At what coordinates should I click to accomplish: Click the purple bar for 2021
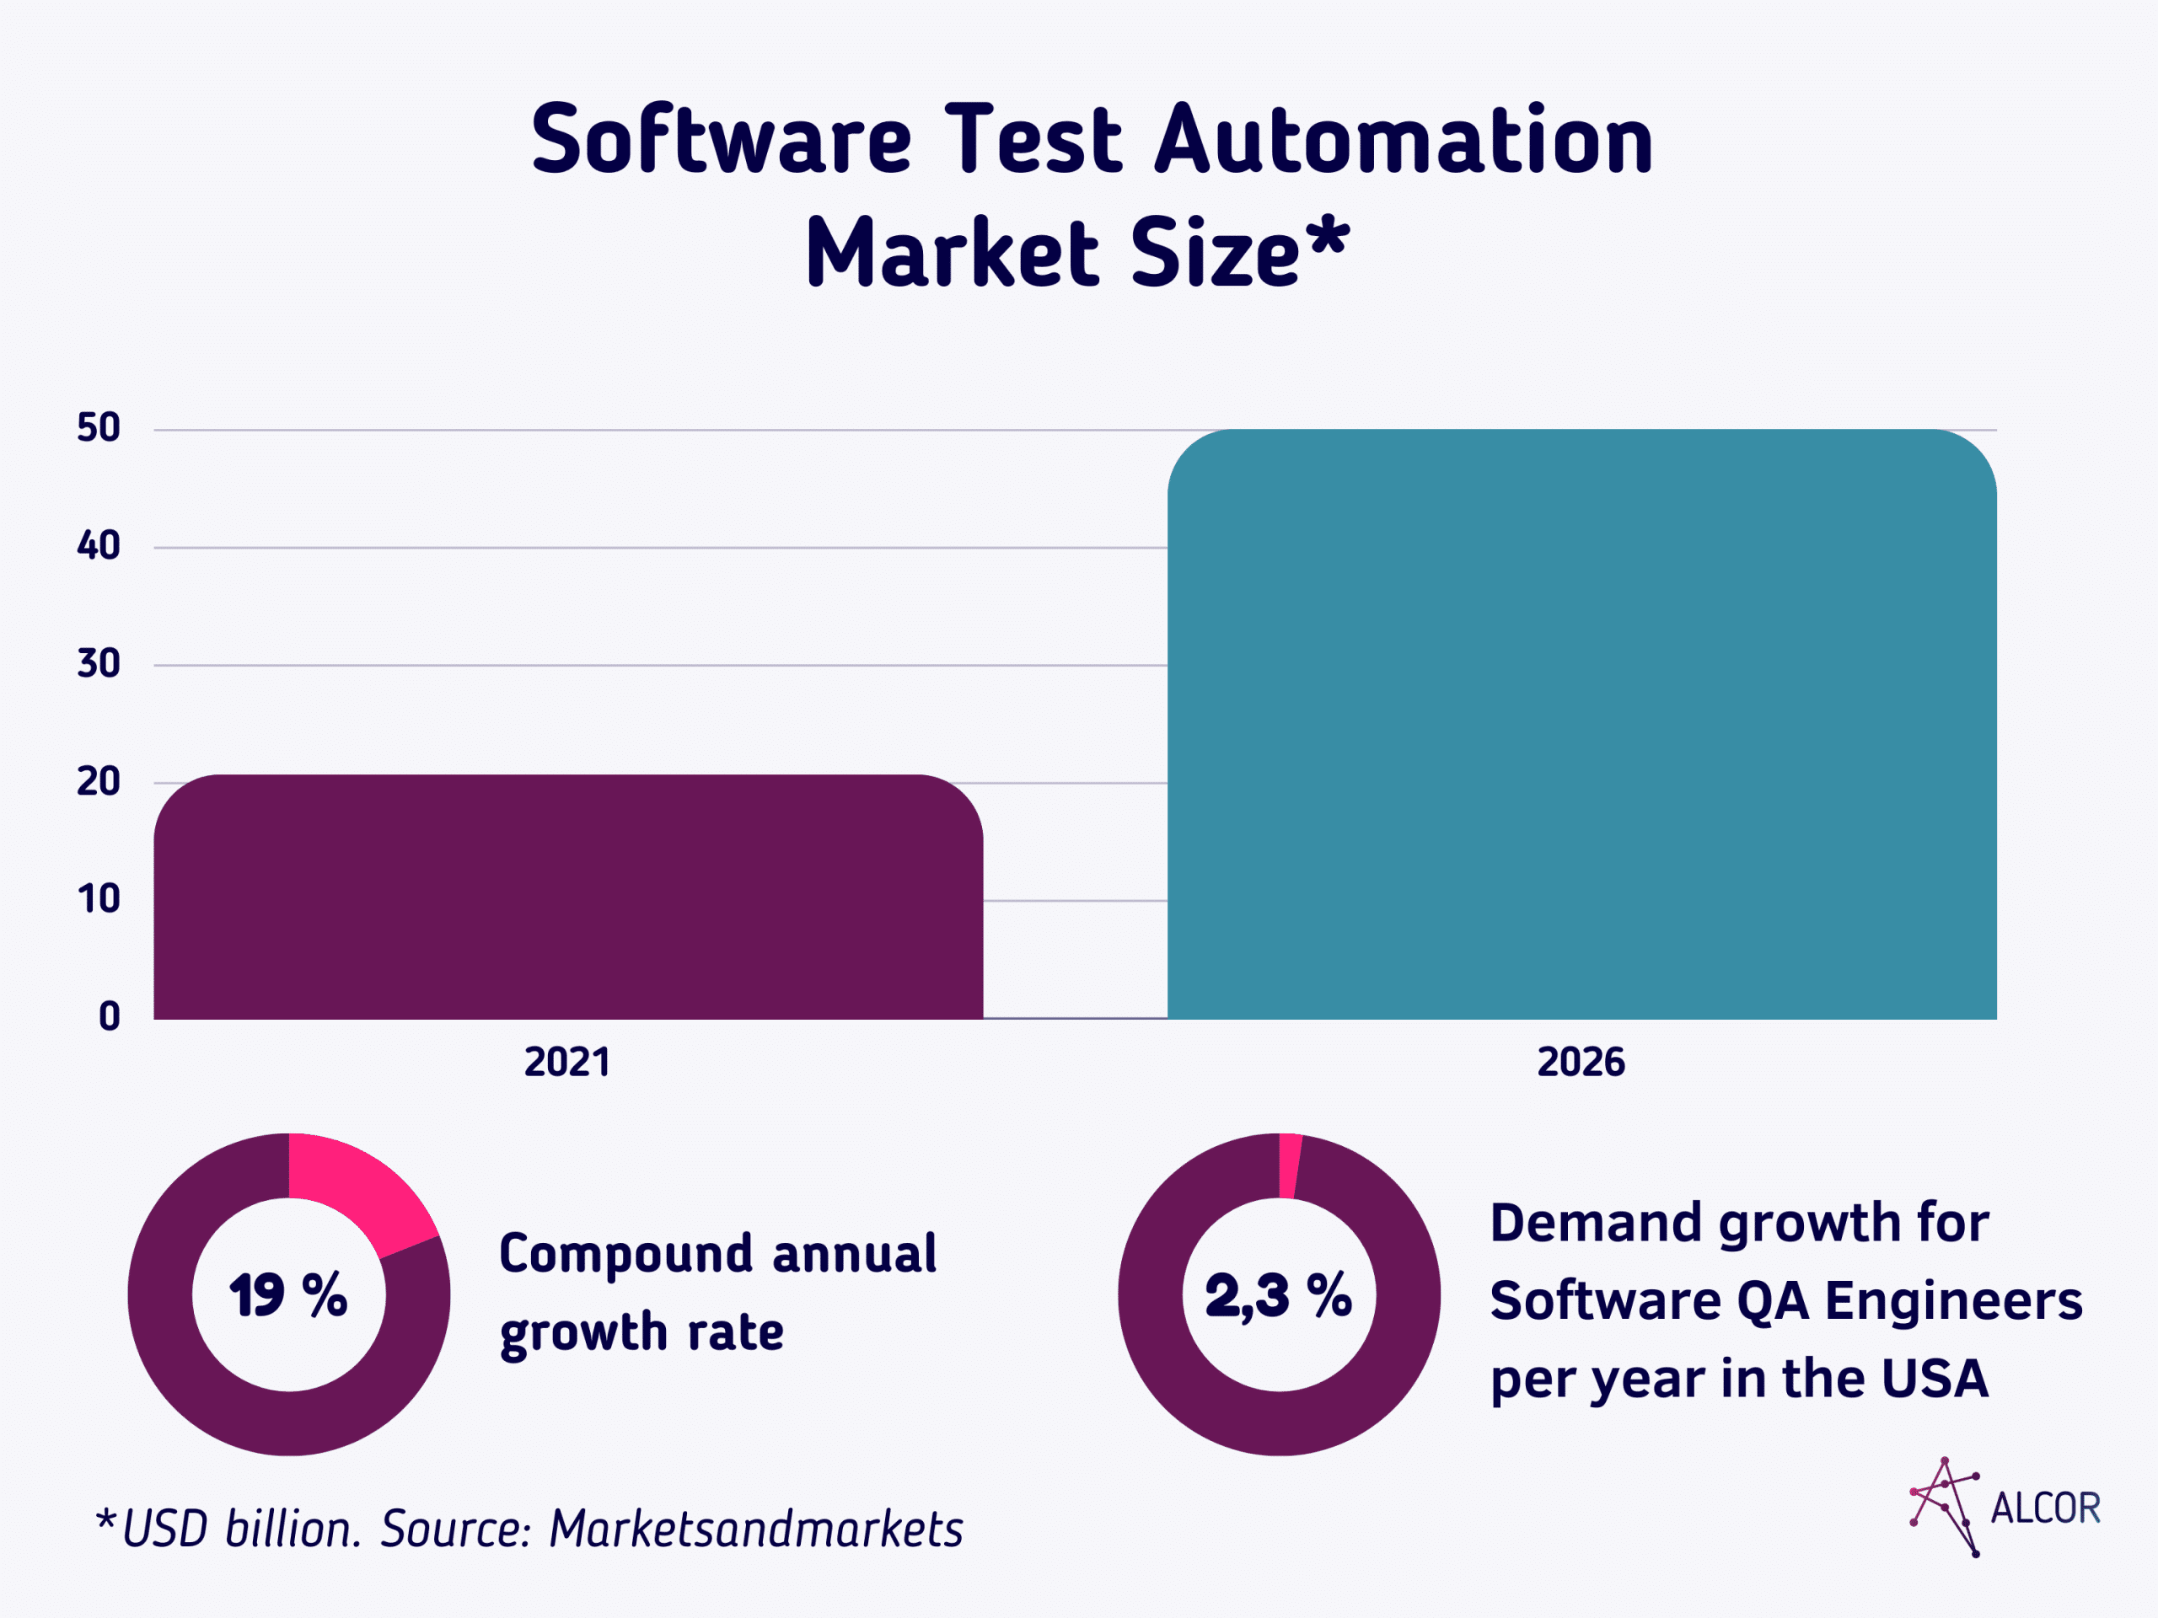[568, 897]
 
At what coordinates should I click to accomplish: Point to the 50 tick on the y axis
[99, 428]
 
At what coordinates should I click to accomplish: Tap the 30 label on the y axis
[99, 664]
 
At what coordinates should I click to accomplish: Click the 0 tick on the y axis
[110, 1017]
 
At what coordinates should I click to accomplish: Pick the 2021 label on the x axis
[566, 1062]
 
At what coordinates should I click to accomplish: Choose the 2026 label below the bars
[1581, 1062]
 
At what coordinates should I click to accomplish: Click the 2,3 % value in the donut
[1278, 1295]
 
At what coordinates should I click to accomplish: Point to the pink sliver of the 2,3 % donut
[1289, 1165]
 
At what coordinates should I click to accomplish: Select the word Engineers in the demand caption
[1953, 1301]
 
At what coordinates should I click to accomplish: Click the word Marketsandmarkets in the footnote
[756, 1530]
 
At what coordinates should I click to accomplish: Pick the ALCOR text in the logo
[2045, 1508]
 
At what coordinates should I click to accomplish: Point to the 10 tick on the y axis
[99, 899]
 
